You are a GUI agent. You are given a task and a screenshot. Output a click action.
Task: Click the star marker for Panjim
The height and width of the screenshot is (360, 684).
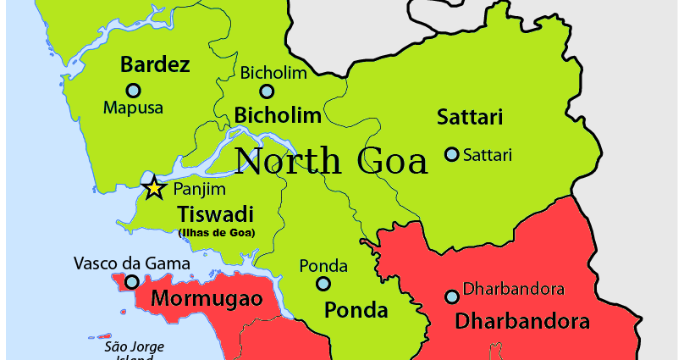154,188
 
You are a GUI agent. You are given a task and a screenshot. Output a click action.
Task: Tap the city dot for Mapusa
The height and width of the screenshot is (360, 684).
133,90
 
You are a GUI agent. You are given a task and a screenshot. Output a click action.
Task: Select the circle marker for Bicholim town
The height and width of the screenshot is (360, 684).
267,91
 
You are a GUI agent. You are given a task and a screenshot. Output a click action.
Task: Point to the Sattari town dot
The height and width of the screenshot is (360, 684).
452,154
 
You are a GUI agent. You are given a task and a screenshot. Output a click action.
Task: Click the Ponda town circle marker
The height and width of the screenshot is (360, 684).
323,284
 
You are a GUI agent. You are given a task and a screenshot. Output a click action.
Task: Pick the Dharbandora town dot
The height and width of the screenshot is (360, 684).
452,296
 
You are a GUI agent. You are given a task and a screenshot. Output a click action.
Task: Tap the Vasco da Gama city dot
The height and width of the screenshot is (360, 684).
132,281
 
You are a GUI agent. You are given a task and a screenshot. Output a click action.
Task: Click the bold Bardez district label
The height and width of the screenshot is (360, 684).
155,64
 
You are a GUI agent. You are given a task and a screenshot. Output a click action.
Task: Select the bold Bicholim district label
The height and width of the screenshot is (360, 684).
278,114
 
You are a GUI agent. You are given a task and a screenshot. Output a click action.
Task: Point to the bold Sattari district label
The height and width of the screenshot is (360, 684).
470,117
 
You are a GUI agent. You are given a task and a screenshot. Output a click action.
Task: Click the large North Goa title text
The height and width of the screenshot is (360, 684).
331,161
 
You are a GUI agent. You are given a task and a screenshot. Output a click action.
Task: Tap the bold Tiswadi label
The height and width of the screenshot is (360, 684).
215,213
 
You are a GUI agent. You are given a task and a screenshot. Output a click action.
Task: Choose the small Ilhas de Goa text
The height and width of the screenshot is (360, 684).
217,232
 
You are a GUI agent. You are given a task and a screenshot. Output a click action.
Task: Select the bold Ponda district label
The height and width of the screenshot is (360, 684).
356,309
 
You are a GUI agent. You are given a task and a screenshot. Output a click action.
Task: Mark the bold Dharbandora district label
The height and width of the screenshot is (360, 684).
522,321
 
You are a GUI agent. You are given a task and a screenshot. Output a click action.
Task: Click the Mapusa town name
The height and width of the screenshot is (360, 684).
133,108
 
